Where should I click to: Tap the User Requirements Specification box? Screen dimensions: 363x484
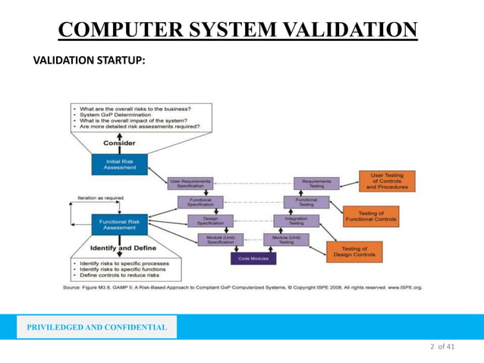pos(190,183)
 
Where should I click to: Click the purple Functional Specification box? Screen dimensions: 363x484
pos(200,202)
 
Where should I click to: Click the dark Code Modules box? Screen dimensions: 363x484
pos(253,258)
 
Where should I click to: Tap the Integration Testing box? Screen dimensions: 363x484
pos(296,221)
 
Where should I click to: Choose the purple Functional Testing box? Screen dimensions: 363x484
pos(306,202)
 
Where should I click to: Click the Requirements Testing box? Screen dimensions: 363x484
pos(316,183)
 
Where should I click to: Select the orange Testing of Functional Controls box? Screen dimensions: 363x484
pos(370,216)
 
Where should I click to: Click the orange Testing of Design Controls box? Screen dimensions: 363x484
pos(354,251)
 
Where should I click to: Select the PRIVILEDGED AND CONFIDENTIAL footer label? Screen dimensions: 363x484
pos(96,327)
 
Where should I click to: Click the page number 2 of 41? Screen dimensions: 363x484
pos(442,347)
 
